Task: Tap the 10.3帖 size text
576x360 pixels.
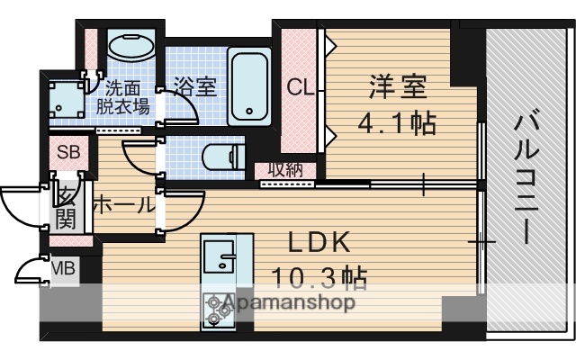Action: (320, 277)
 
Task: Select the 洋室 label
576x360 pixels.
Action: (398, 89)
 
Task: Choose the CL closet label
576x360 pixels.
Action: (299, 88)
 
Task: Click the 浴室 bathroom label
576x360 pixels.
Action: (195, 87)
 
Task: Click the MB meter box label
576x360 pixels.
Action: (62, 267)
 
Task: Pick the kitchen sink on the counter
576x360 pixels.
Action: (217, 259)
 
